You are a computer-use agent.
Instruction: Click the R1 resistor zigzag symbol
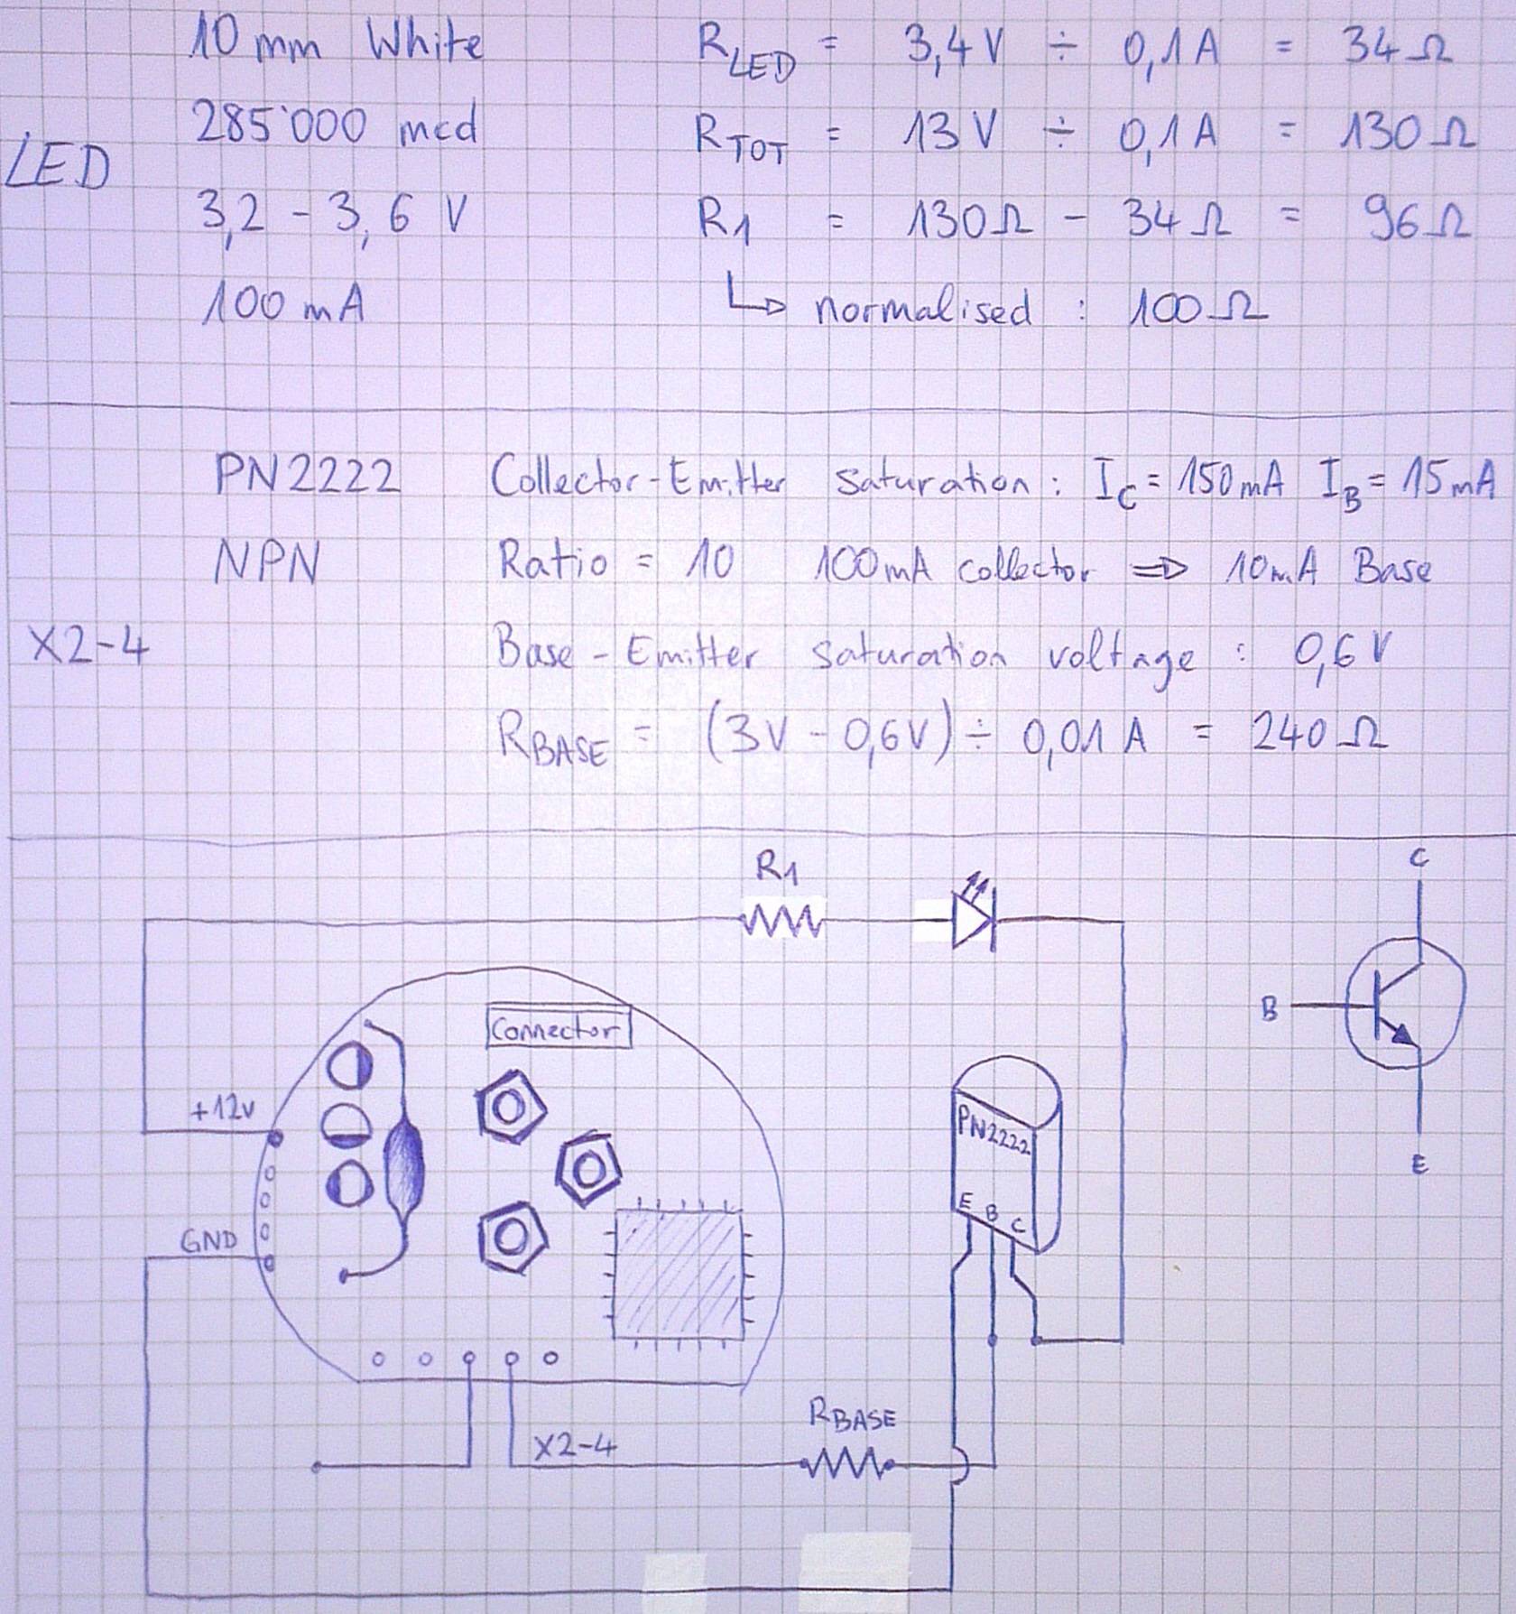click(781, 923)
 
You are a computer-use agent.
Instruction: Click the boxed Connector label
click(558, 1029)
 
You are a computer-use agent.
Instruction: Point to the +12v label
click(222, 1109)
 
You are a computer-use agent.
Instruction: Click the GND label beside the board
click(209, 1241)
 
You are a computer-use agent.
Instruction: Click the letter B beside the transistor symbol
click(1269, 1010)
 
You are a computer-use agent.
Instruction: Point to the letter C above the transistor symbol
click(1419, 861)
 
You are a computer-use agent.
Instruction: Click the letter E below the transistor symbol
click(1419, 1167)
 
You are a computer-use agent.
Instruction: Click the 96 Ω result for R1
click(1418, 221)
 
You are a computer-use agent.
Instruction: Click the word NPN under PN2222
click(266, 566)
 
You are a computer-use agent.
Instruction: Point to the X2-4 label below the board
click(574, 1447)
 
